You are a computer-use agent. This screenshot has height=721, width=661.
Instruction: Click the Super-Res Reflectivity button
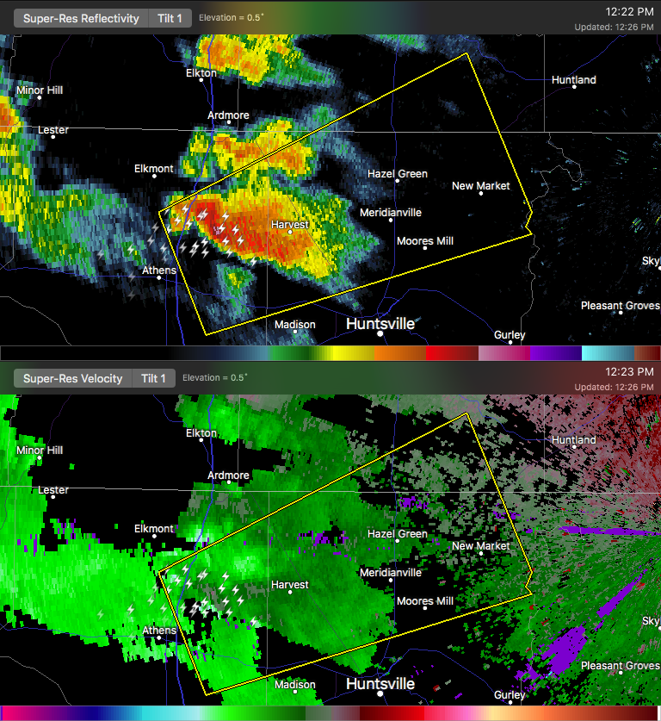coord(81,18)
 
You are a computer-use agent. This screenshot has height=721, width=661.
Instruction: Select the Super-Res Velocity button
coord(72,378)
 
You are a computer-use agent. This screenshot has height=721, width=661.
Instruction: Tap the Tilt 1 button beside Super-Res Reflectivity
coord(170,18)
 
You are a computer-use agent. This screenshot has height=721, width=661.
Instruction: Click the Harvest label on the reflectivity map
coord(289,224)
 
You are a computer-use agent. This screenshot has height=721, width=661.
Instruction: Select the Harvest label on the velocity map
coord(289,585)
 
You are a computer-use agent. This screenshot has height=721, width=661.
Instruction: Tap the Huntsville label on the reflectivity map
coord(380,324)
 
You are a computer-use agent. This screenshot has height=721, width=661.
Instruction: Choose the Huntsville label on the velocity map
coord(380,684)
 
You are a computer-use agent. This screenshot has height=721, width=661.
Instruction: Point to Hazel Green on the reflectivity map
coord(398,174)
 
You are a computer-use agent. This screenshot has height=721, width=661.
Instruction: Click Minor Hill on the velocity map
coord(40,451)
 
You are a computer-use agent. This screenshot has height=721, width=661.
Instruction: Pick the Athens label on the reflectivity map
coord(159,270)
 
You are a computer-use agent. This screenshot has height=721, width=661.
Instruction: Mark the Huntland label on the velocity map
coord(574,440)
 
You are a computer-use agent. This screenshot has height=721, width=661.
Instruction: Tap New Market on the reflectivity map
coord(481,186)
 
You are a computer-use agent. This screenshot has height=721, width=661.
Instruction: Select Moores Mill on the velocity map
coord(425,601)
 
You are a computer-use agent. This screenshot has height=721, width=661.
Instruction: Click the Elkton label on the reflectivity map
coord(201,73)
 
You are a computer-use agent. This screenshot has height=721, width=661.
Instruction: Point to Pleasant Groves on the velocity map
coord(620,666)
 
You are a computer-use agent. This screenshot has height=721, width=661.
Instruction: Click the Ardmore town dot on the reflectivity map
coord(228,124)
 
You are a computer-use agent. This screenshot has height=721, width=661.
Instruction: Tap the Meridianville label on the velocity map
coord(391,573)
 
